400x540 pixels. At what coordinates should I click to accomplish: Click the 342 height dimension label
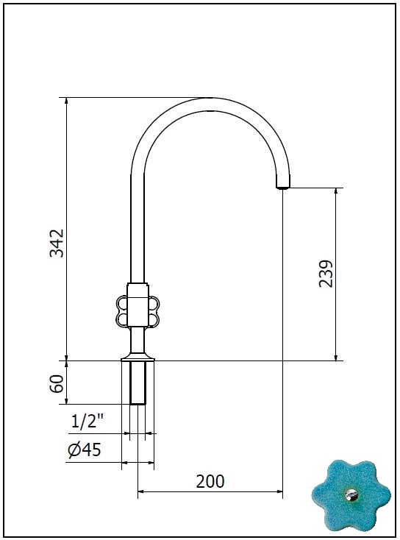pos(57,243)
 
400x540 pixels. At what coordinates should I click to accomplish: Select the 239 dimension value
pos(326,274)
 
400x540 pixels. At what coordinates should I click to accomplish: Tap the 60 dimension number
pos(57,383)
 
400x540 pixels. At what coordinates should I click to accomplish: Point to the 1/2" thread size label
pos(87,422)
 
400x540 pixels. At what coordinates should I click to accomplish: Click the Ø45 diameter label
pos(85,450)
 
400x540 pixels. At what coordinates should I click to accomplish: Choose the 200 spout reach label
pos(210,481)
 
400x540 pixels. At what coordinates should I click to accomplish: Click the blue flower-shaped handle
pos(351,495)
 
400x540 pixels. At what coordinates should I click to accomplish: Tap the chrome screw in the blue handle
pos(351,495)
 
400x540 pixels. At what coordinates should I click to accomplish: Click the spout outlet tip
pos(283,187)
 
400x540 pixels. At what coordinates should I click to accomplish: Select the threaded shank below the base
pos(138,383)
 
